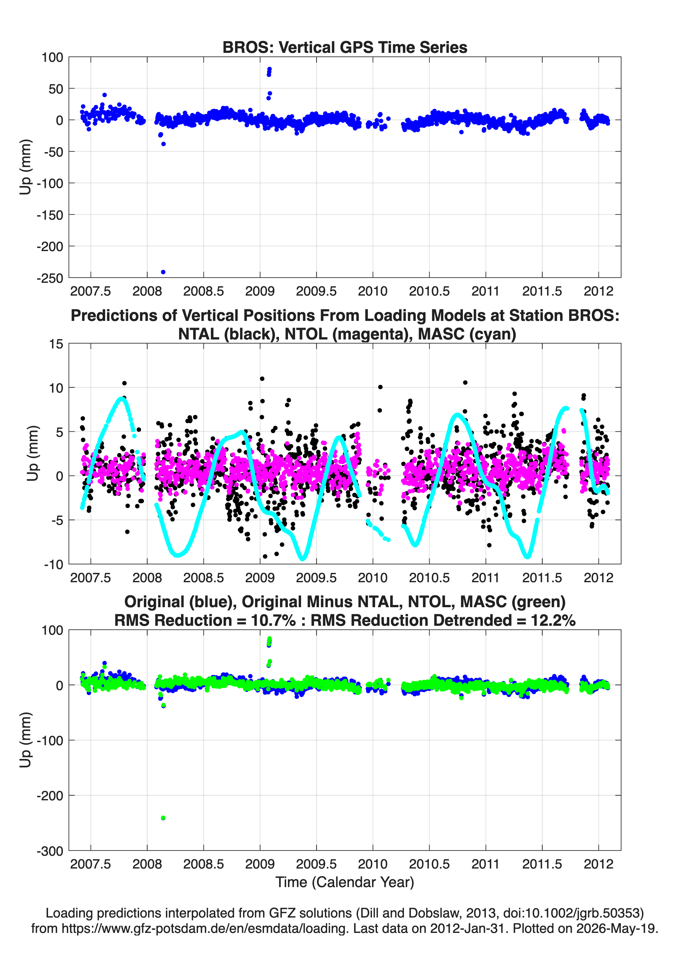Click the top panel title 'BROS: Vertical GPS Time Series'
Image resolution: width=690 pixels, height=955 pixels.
point(345,47)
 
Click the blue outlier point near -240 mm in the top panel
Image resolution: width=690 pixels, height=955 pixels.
point(163,272)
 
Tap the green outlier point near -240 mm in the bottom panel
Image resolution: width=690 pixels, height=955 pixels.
point(163,818)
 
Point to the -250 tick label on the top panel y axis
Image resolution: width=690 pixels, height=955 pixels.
point(50,278)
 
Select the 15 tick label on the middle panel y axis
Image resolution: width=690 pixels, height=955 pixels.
point(56,344)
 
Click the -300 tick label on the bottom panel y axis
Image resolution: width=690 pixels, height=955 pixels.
point(50,851)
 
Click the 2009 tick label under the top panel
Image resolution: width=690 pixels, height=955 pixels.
point(260,291)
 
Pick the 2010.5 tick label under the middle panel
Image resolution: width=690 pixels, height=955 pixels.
point(429,577)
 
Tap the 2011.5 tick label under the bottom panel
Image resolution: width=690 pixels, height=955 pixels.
point(542,864)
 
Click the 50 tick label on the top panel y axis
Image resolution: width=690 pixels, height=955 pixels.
point(56,89)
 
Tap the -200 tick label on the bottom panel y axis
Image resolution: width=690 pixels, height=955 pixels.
point(50,796)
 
